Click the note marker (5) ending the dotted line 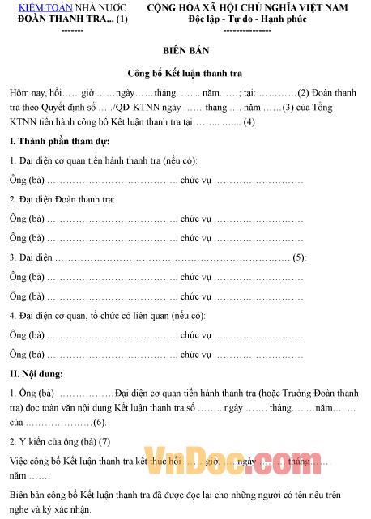coord(299,257)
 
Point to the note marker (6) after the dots coord(99,423)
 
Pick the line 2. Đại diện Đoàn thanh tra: coord(62,199)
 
